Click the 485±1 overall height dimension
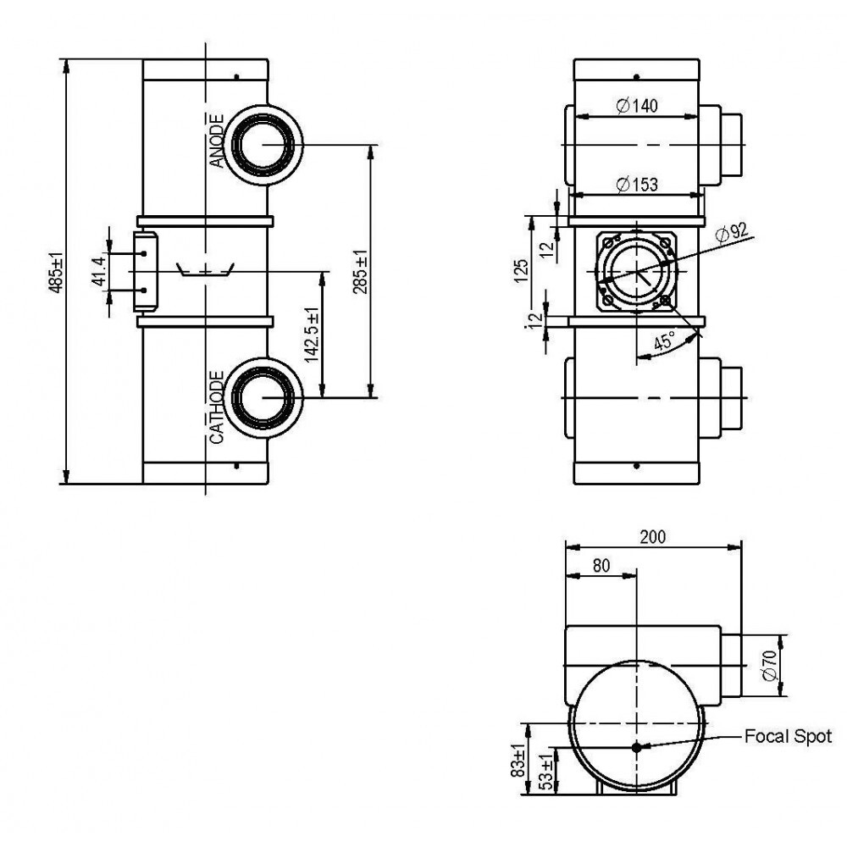click(x=56, y=272)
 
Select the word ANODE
click(x=216, y=141)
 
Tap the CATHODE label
click(x=216, y=407)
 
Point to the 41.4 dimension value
click(x=99, y=272)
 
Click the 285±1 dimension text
click(x=360, y=271)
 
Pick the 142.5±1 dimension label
click(x=312, y=335)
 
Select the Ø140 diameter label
click(x=638, y=105)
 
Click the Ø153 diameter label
click(x=638, y=185)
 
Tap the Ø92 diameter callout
click(x=732, y=233)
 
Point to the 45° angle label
click(x=664, y=341)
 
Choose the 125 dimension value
click(x=521, y=271)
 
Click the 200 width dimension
click(x=653, y=537)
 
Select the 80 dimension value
click(x=601, y=566)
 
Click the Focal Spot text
click(x=788, y=736)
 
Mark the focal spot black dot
click(x=636, y=747)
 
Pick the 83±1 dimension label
click(x=518, y=761)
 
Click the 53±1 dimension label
click(x=546, y=772)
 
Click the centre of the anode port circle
click(x=263, y=144)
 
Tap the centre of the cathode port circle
click(x=263, y=397)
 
